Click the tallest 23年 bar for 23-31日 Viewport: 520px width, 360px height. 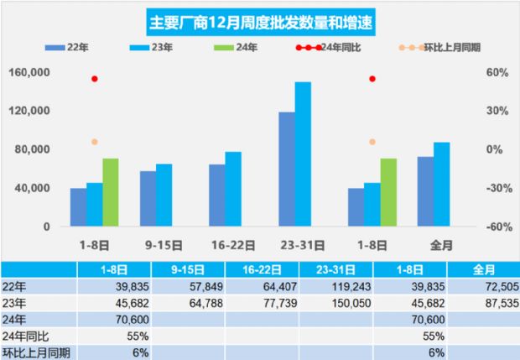(x=303, y=154)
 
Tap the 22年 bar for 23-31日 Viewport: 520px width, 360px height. (x=287, y=169)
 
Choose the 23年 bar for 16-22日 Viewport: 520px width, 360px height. (x=233, y=189)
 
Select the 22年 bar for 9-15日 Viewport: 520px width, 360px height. (x=148, y=199)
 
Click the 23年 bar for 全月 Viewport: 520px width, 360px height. (x=441, y=185)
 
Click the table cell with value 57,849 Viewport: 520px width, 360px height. (x=198, y=286)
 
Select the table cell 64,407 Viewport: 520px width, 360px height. (x=268, y=286)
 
